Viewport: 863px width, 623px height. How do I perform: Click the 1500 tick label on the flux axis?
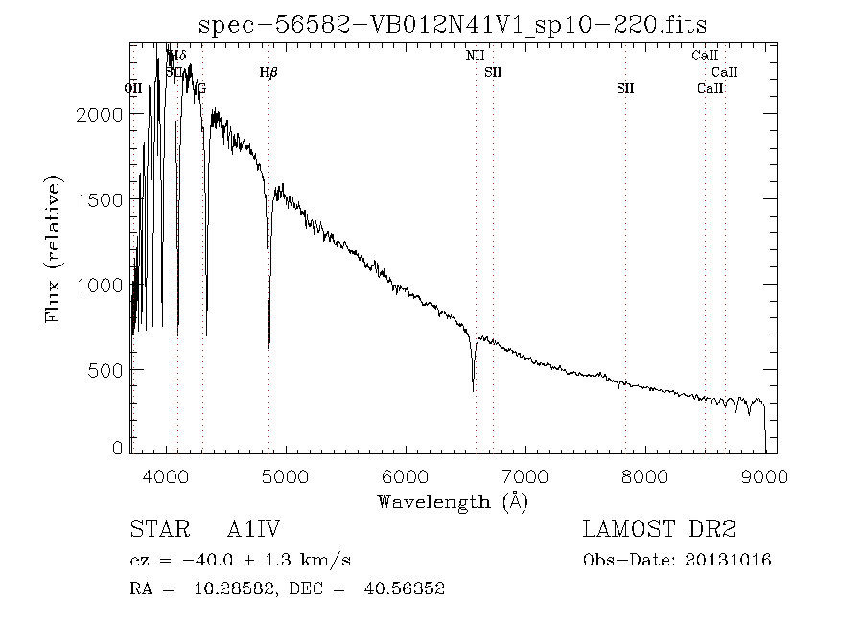tap(100, 199)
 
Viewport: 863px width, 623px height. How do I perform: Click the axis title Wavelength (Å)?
tap(453, 500)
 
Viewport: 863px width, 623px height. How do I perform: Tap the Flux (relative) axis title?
tap(54, 248)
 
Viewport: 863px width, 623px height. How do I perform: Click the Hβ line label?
tap(268, 72)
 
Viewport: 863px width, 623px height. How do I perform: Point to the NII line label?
tap(476, 57)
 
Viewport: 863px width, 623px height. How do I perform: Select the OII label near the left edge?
tap(133, 88)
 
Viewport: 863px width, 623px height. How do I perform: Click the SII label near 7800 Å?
tap(625, 88)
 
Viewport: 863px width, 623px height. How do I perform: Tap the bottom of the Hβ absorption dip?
tap(268, 346)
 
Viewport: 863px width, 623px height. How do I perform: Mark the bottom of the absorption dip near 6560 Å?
tap(473, 389)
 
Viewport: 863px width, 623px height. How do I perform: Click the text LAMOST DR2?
tap(659, 530)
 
